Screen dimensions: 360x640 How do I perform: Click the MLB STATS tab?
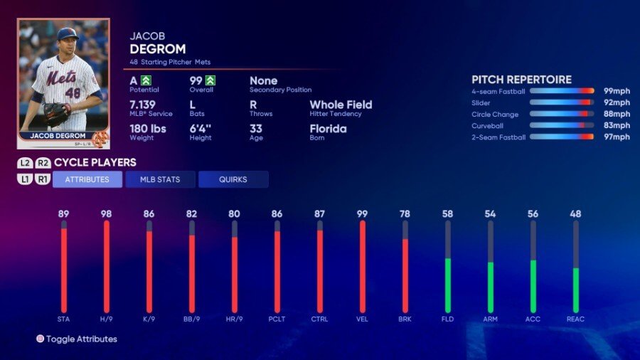click(160, 179)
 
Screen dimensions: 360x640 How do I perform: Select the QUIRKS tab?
click(233, 179)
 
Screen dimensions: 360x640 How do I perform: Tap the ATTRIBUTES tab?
click(87, 179)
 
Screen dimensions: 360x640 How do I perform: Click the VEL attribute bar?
click(363, 267)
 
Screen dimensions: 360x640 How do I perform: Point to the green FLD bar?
click(448, 285)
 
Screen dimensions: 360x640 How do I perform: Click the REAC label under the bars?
click(576, 319)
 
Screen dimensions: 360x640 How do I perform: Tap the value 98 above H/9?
click(107, 213)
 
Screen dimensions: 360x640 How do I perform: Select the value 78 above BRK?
click(405, 213)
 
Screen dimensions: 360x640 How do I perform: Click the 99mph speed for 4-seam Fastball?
click(617, 91)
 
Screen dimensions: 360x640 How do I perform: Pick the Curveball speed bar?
click(562, 125)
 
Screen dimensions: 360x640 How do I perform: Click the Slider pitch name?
click(481, 102)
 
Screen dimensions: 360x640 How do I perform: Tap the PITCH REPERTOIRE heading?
click(521, 80)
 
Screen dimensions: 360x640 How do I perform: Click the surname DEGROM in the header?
click(158, 49)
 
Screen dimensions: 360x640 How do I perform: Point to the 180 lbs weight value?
click(149, 129)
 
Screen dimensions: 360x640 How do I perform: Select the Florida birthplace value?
click(328, 129)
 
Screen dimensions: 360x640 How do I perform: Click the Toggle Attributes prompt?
click(81, 339)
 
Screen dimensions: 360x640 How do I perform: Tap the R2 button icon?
click(43, 163)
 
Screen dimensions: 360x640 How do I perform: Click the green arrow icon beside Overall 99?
click(210, 80)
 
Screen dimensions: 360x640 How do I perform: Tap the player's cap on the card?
click(68, 33)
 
